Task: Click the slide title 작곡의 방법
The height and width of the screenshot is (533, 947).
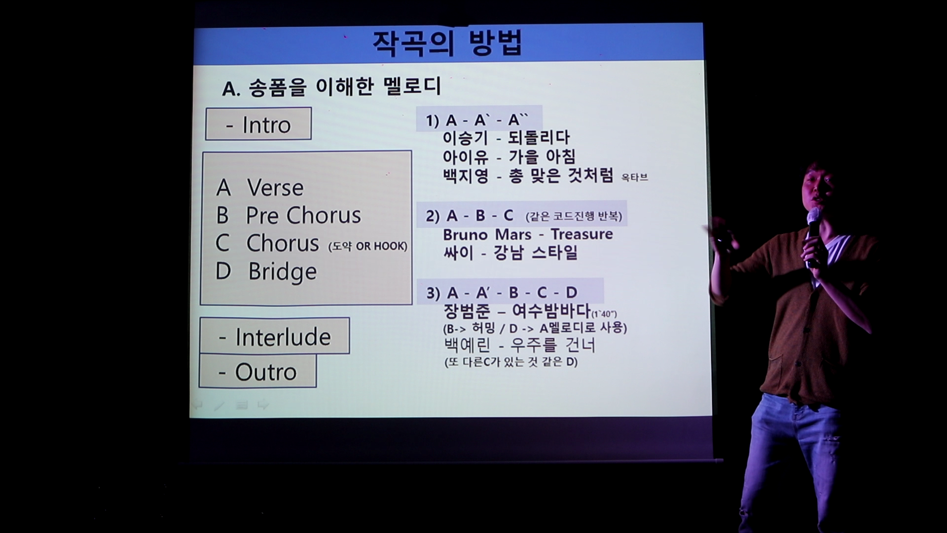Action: point(447,43)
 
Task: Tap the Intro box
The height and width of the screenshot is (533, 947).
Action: point(258,124)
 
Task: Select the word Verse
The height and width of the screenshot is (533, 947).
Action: point(275,188)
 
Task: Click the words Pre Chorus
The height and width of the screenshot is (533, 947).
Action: point(303,215)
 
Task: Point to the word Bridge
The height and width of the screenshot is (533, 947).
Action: point(282,271)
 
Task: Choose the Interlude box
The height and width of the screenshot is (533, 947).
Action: point(275,336)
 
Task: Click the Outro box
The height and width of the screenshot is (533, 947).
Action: point(257,371)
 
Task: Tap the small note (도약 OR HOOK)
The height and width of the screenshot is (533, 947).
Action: point(368,246)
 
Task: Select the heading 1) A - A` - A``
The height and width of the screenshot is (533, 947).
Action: point(477,120)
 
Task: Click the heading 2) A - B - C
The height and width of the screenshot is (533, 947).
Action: point(470,216)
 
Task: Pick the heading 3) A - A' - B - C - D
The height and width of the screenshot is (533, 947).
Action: point(502,293)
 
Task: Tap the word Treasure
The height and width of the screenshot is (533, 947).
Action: point(582,234)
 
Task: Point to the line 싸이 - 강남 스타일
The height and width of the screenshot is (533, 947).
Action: point(510,253)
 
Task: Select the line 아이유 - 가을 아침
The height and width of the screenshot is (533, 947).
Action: point(509,157)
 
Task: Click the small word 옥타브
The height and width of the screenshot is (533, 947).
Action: point(634,177)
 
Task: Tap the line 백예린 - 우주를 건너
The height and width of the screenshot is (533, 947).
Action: point(520,345)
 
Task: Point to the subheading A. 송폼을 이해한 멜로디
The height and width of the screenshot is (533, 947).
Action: point(331,87)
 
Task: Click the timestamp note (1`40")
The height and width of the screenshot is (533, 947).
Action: point(604,314)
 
